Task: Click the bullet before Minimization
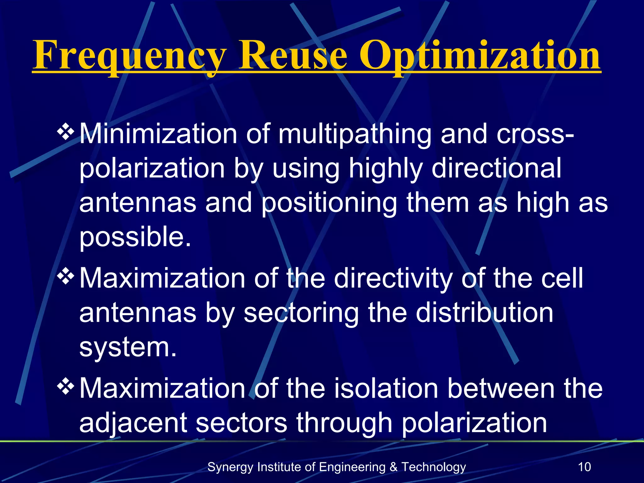(x=65, y=132)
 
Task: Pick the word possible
(x=135, y=238)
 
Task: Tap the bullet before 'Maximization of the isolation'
(x=65, y=386)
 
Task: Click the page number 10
(x=585, y=467)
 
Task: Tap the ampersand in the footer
(x=393, y=467)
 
